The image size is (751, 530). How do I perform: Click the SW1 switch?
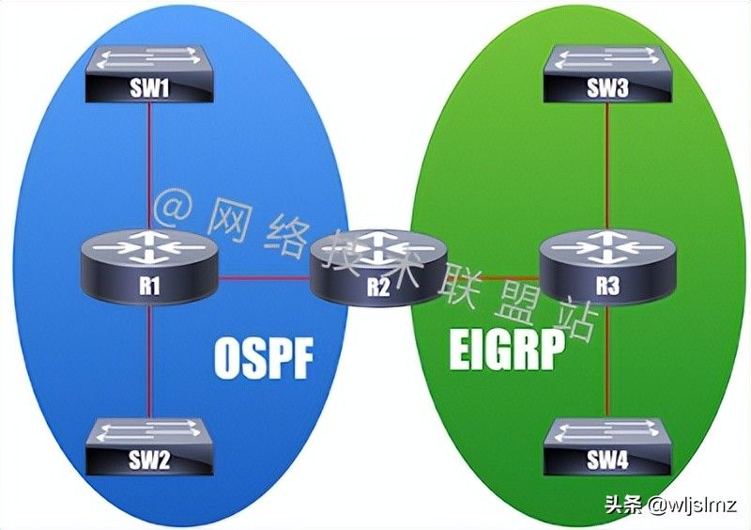coord(149,74)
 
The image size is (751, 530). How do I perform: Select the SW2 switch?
coord(149,446)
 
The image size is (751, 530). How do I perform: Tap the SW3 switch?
coord(607,74)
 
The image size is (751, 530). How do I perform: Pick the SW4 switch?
coord(607,446)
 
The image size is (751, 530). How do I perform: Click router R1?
coord(149,267)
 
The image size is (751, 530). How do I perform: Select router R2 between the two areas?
coord(378,267)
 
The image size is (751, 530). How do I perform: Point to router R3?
coord(607,267)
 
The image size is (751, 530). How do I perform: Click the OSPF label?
coord(264,358)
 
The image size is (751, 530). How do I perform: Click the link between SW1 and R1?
coord(149,166)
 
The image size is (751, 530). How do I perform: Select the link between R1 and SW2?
coord(149,362)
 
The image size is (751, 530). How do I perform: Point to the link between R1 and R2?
coord(264,278)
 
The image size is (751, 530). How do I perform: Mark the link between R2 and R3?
coord(494,278)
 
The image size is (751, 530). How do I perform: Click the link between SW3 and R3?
coord(607,166)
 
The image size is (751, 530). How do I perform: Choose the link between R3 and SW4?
coord(607,362)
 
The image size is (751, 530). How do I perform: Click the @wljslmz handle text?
coord(693,505)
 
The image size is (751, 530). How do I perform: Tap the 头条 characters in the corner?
coord(623,505)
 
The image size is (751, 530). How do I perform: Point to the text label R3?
coord(607,286)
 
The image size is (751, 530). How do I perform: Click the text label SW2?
coord(149,460)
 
